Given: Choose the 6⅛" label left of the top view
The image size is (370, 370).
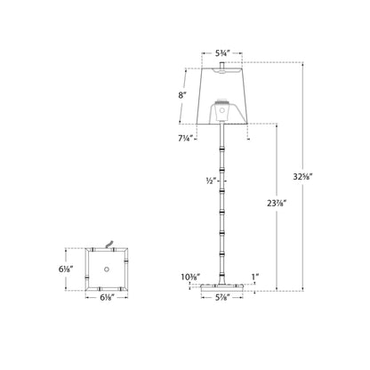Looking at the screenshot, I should [x=78, y=268].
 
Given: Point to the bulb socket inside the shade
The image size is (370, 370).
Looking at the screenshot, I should [x=218, y=112].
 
